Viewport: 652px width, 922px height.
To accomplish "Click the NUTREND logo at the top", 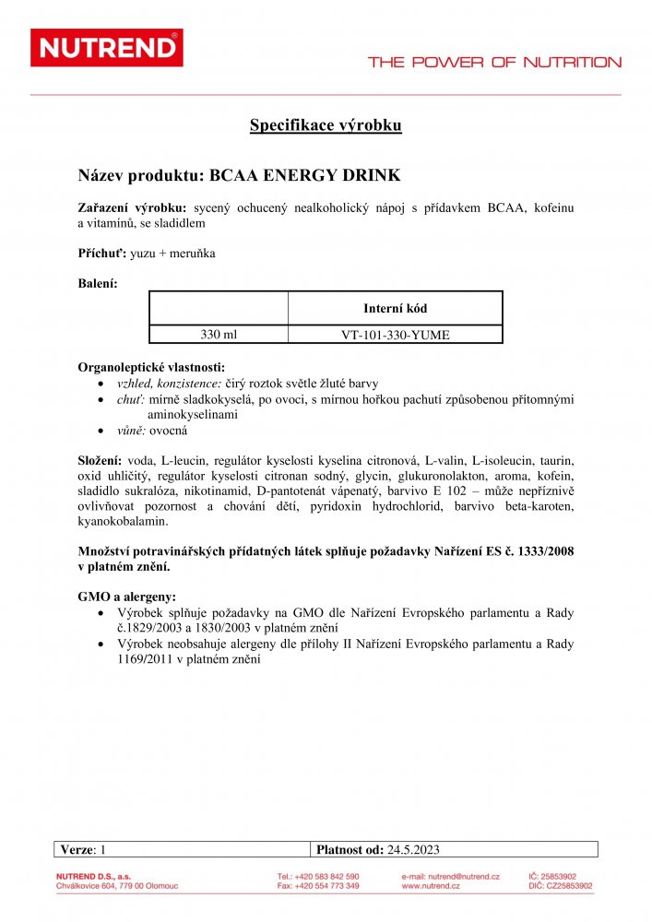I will tap(106, 48).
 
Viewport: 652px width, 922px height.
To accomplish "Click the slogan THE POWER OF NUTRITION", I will tap(494, 63).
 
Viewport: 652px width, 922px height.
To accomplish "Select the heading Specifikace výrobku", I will tap(326, 125).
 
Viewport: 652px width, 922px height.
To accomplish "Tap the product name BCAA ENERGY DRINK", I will tap(305, 173).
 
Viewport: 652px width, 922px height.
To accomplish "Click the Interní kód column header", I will tap(395, 308).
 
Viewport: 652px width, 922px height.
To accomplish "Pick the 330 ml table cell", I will tap(219, 335).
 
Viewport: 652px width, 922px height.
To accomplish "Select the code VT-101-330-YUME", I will tap(395, 335).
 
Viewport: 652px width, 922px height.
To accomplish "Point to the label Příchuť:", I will tap(102, 253).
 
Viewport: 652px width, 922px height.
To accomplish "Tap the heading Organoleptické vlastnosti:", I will tap(151, 367).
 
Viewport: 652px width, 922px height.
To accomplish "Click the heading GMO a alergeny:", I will tap(127, 597).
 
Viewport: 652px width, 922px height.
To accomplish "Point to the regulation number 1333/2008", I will tap(539, 550).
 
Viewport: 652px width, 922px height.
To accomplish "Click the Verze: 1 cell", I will tap(84, 850).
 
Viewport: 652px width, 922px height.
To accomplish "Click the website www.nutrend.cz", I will tap(432, 886).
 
